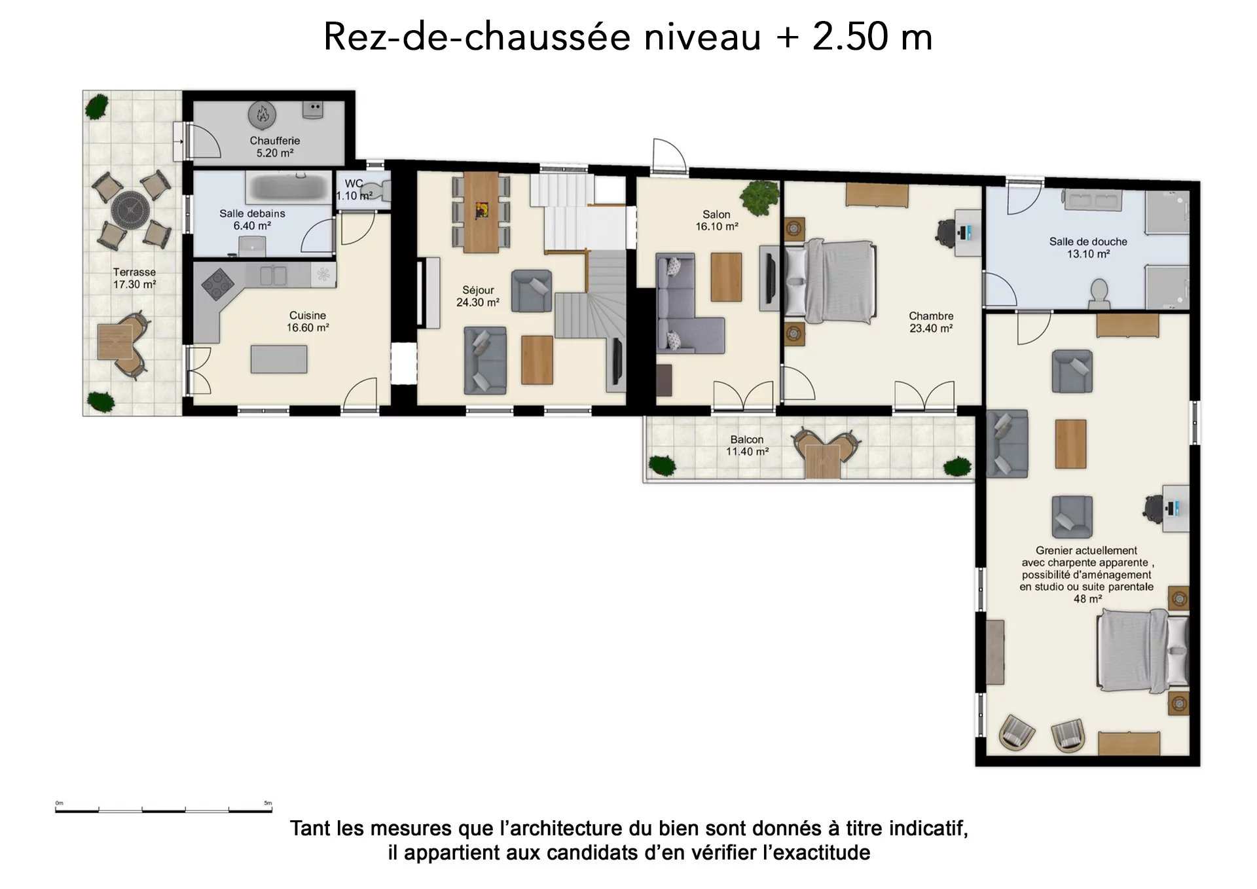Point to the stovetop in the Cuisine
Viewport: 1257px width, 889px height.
218,283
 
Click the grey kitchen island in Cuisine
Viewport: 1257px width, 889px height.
279,359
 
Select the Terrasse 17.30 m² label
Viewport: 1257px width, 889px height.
134,278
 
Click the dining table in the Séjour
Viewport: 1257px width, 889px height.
481,212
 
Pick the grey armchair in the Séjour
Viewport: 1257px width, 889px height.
532,291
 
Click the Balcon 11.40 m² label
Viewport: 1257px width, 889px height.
747,446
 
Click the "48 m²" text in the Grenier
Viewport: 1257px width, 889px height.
1087,599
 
